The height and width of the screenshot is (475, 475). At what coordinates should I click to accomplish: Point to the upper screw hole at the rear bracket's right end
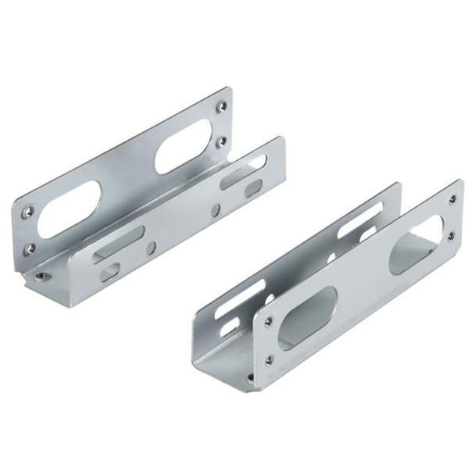click(x=222, y=105)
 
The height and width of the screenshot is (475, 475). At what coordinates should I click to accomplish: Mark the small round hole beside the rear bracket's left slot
click(x=151, y=247)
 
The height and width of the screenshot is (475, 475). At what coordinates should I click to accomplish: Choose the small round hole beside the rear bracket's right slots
click(x=216, y=209)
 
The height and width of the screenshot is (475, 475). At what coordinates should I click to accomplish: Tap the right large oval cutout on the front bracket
click(x=416, y=245)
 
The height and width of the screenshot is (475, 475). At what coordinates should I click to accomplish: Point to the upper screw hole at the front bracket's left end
click(x=269, y=321)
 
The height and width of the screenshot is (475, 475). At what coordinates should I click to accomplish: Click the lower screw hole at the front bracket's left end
click(x=270, y=360)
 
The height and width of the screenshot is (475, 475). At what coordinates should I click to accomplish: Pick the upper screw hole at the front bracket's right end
click(x=452, y=199)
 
